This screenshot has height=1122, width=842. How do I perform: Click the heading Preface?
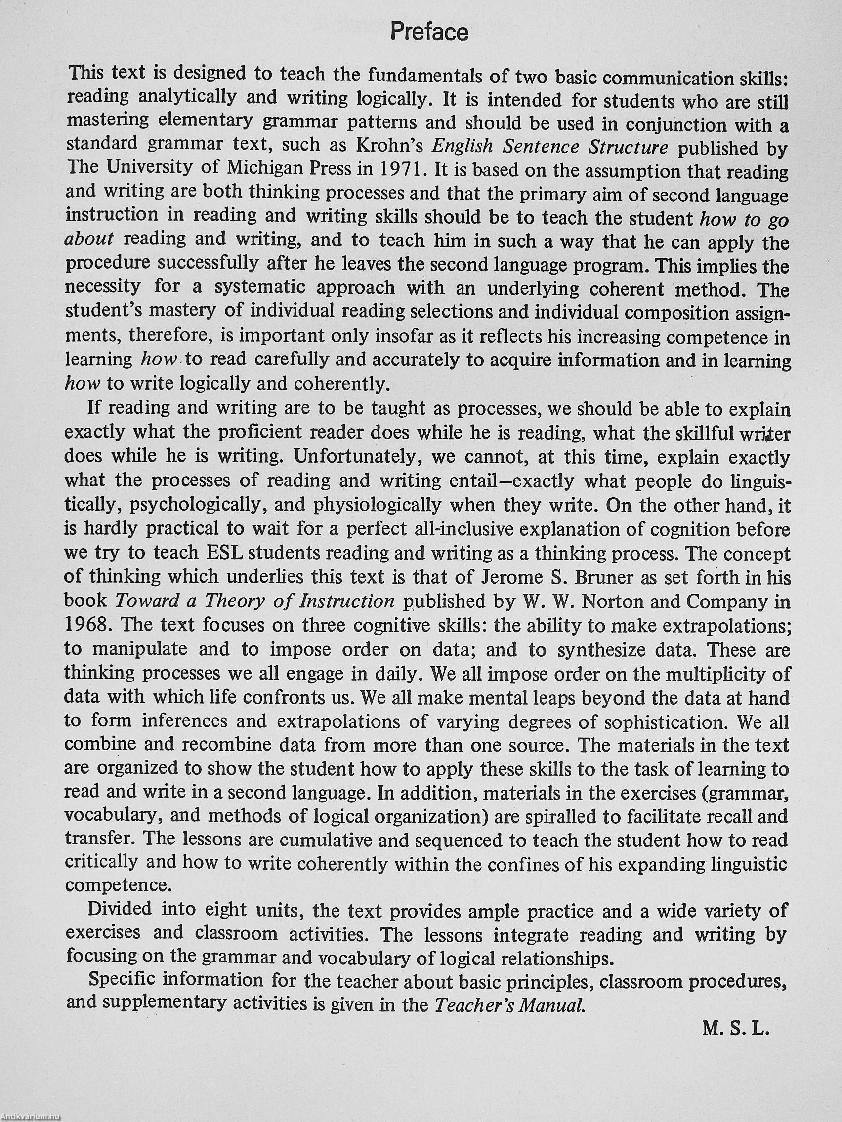[429, 33]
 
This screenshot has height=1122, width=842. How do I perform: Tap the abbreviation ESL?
[226, 553]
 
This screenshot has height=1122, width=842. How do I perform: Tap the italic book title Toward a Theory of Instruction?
[255, 601]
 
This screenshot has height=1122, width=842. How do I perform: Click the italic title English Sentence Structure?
[549, 147]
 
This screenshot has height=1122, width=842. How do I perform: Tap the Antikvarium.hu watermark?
[31, 1117]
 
